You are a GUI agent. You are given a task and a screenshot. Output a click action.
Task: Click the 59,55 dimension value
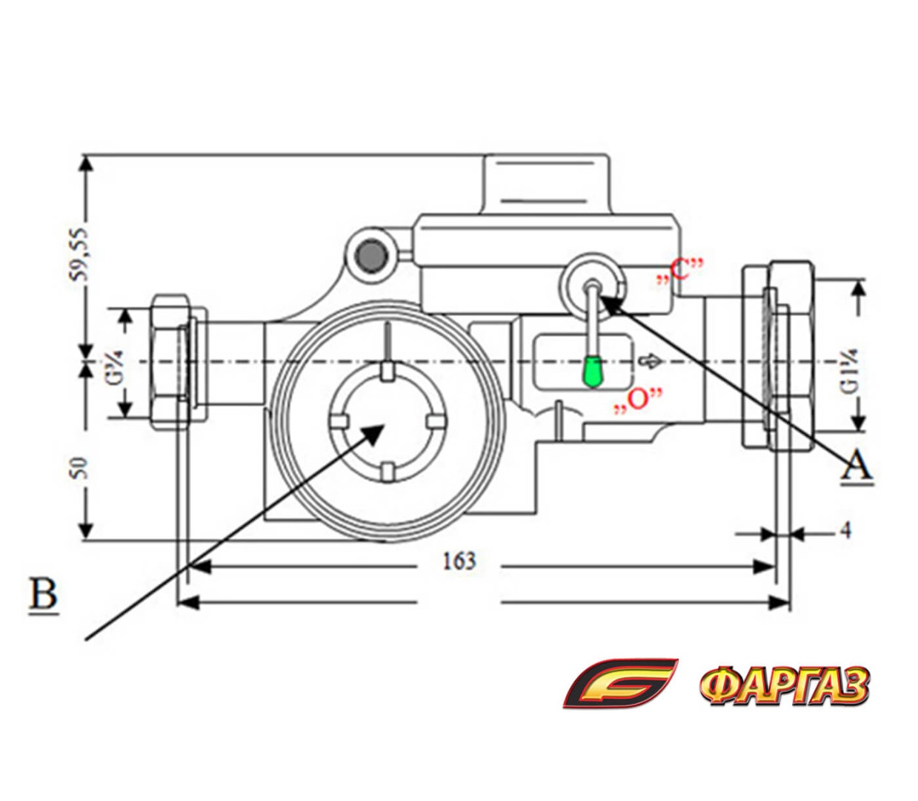[x=81, y=252]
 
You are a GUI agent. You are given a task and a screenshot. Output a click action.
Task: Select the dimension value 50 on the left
[x=81, y=469]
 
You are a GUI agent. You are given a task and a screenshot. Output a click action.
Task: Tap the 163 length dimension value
[x=459, y=561]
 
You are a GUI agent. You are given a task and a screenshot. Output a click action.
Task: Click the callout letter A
[x=857, y=466]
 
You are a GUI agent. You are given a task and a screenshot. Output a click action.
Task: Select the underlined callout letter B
[x=44, y=594]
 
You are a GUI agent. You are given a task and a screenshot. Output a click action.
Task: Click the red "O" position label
[x=636, y=400]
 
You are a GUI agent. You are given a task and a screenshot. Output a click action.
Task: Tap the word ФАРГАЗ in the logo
[x=783, y=686]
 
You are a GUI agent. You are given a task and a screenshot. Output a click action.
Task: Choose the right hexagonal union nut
[x=779, y=355]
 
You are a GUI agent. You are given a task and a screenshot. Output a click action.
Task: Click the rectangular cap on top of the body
[x=545, y=183]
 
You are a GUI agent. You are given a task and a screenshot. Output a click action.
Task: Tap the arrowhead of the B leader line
[x=375, y=430]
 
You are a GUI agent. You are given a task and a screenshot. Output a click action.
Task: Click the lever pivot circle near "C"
[x=591, y=286]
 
